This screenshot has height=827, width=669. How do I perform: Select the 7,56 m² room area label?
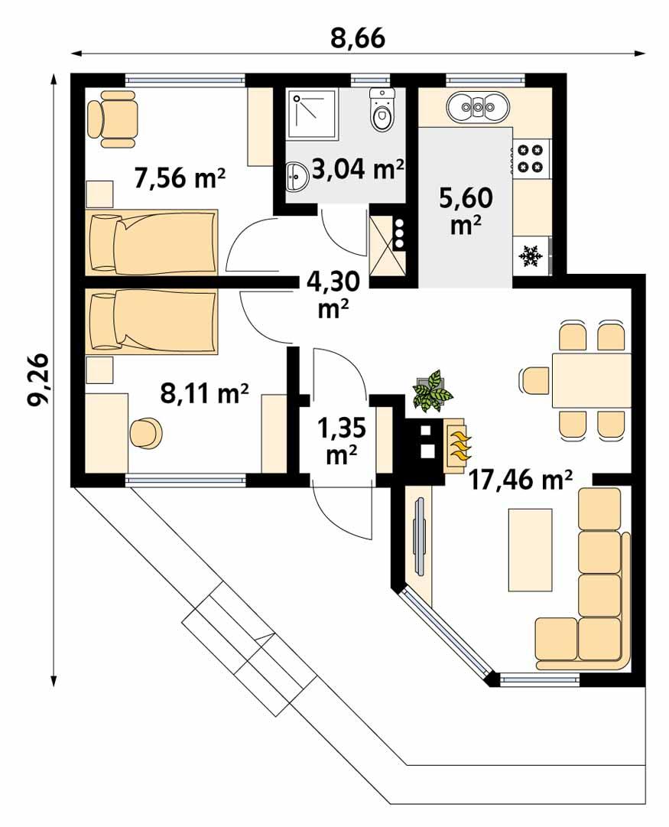pyautogui.click(x=180, y=179)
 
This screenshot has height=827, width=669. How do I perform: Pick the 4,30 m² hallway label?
pyautogui.click(x=333, y=294)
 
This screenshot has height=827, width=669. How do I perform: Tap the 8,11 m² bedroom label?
pyautogui.click(x=204, y=393)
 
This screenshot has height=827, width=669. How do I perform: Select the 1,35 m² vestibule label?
pyautogui.click(x=337, y=441)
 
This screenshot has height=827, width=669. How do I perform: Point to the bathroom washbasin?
pyautogui.click(x=296, y=178)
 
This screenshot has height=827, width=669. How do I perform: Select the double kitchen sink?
pyautogui.click(x=478, y=107)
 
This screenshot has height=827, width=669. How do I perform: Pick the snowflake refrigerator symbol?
pyautogui.click(x=531, y=255)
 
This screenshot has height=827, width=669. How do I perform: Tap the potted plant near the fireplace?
pyautogui.click(x=432, y=390)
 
